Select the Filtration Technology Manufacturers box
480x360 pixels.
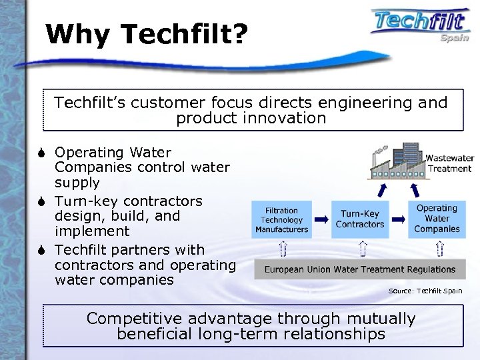281,219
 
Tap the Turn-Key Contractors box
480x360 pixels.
360,219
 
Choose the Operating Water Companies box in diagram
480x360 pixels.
437,219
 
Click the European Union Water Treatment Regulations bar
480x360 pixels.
360,270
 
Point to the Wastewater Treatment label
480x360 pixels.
449,163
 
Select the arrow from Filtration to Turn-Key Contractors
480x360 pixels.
321,219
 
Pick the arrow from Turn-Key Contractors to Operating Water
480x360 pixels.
397,219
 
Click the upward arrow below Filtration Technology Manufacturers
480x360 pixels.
283,250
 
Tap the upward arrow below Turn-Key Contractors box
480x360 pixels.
361,250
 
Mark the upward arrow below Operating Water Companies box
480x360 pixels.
440,250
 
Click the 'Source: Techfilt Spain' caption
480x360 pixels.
425,291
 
